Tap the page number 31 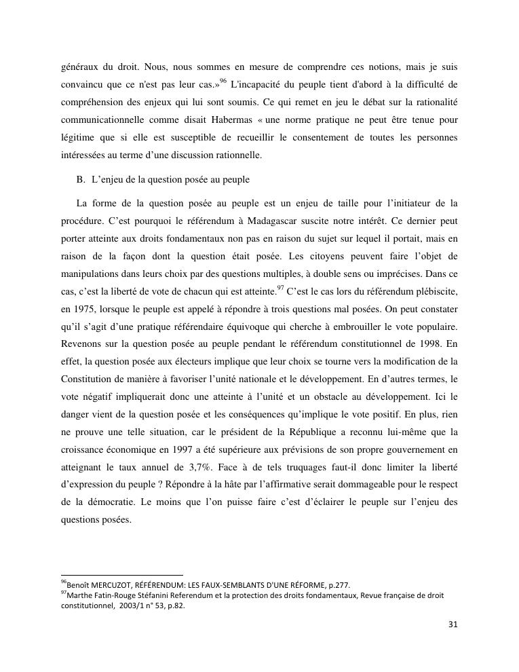[x=453, y=624]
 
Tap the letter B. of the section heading [x=81, y=180]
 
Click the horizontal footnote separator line [x=122, y=576]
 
